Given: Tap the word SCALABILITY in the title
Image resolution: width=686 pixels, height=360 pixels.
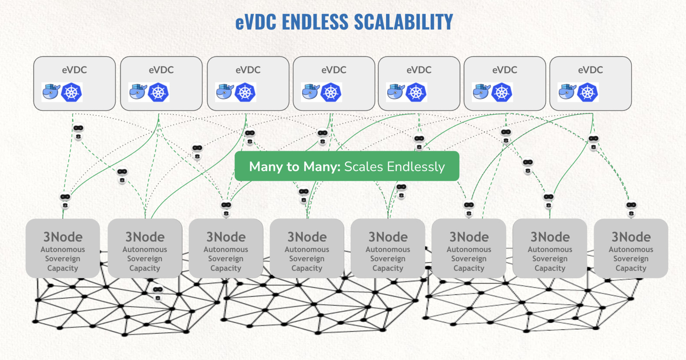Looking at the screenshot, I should pos(403,22).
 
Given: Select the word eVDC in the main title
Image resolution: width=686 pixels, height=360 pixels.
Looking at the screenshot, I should pos(256,22).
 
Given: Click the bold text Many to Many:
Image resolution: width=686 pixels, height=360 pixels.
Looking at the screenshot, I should pos(295,166).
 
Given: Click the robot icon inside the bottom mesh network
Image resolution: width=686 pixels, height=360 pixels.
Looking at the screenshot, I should pos(158,293).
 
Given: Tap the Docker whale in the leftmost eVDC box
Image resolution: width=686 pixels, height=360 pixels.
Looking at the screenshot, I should pos(51,92).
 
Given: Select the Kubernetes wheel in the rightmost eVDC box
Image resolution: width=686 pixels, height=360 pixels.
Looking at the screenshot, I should pos(588,92).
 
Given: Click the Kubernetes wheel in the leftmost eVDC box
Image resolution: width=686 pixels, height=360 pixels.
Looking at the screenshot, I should pos(72,92).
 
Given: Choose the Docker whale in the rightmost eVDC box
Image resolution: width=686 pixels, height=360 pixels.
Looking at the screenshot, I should pos(567,92).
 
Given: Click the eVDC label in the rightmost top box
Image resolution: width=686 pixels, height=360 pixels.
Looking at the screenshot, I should pos(590,70).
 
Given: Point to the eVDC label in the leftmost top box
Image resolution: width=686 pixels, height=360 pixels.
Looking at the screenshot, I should pos(74,70).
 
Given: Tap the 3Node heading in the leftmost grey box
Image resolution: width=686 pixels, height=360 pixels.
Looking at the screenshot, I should pos(63,237).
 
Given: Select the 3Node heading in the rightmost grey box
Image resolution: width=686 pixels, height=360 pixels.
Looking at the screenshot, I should pos(631,237).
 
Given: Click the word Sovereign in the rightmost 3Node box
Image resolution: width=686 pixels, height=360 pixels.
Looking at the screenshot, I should pos(631,259).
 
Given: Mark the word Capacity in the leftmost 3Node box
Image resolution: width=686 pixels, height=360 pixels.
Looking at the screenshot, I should pos(63,268).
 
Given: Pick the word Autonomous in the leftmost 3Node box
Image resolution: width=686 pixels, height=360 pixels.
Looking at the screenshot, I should pos(63,249).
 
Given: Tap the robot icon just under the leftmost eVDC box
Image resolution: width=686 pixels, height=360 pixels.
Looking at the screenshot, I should pos(78,132).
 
